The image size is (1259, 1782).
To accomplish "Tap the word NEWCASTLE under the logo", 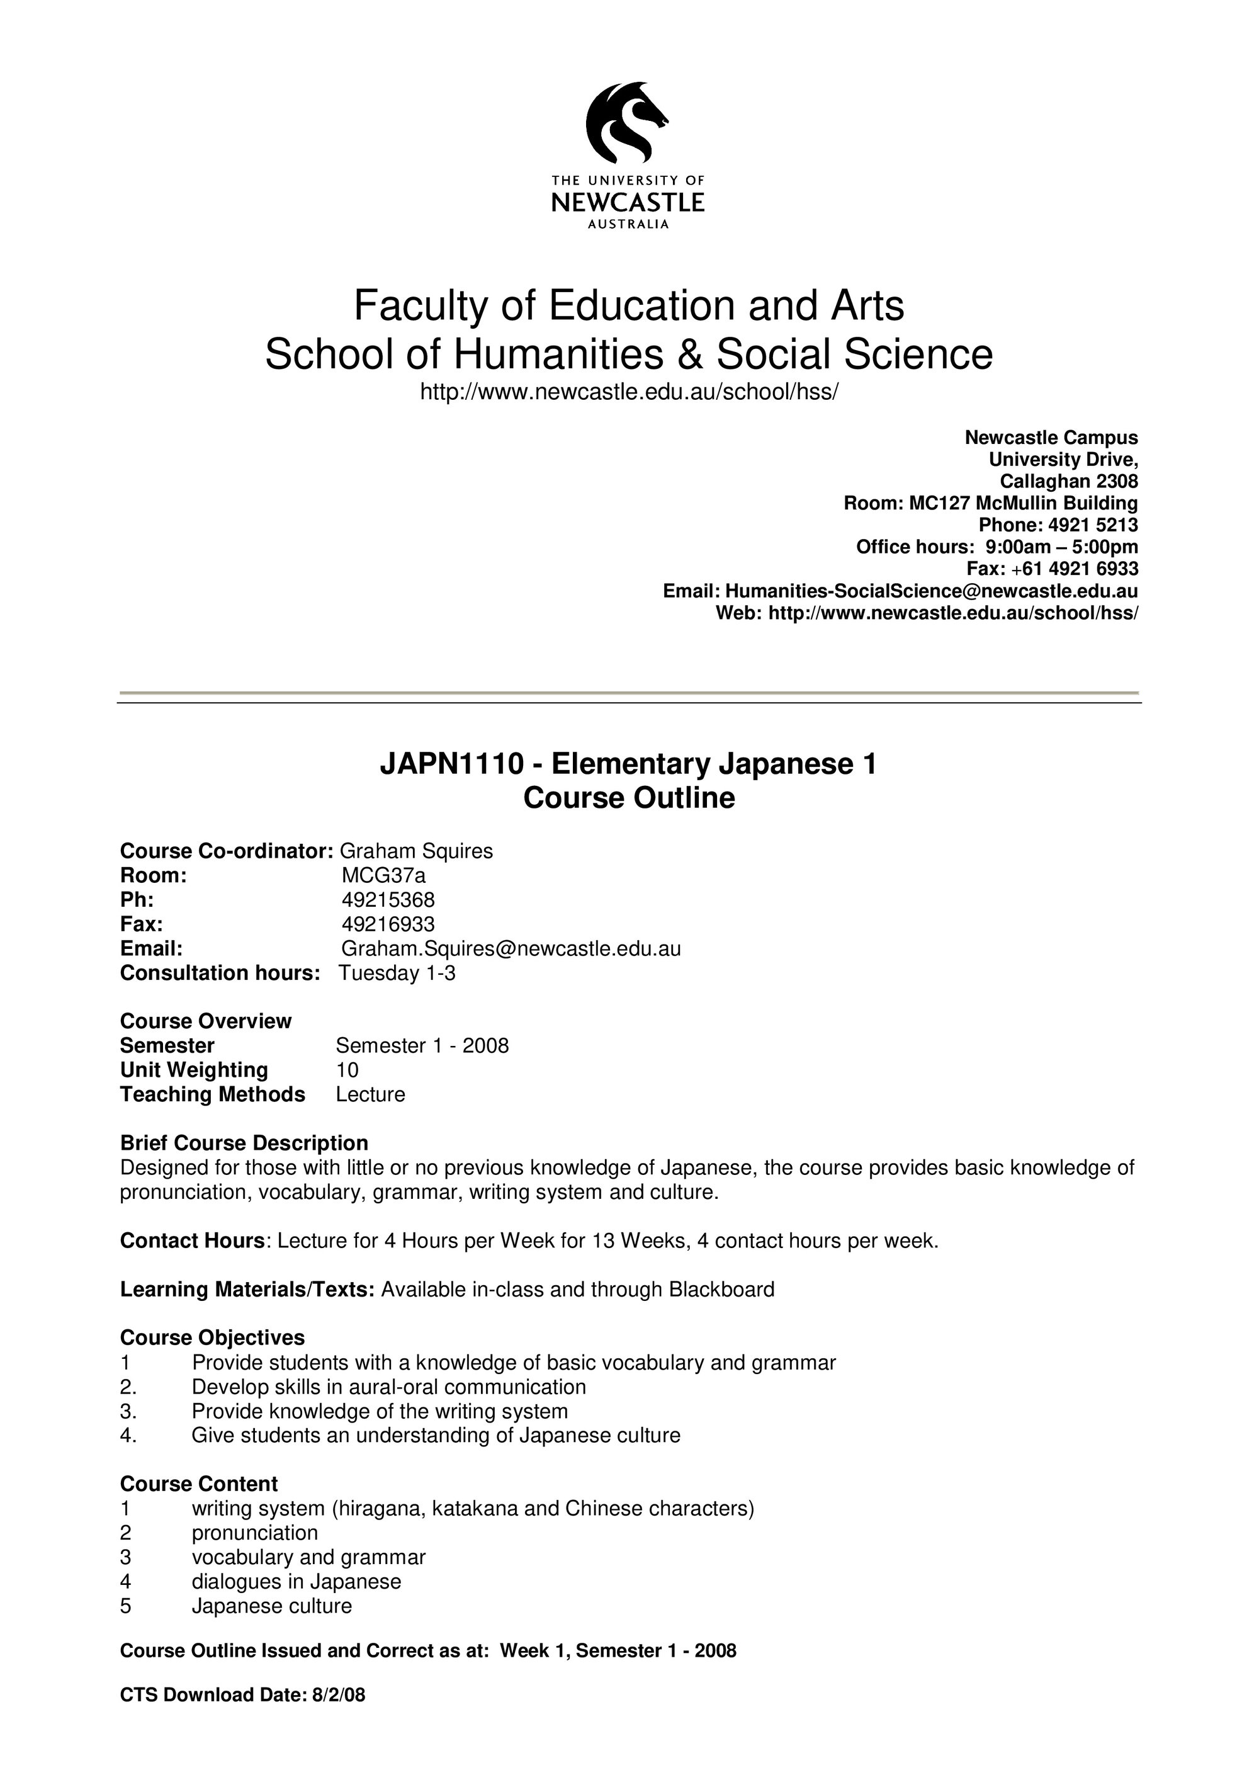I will coord(628,203).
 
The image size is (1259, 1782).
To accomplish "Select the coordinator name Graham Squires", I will coord(417,851).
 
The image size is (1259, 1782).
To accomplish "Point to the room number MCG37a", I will coord(384,875).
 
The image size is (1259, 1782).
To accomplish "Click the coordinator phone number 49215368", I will coord(388,900).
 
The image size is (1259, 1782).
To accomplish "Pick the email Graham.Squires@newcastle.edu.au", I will coord(511,948).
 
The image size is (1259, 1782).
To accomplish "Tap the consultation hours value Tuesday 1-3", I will coord(397,973).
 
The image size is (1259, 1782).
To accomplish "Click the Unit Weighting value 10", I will coord(347,1070).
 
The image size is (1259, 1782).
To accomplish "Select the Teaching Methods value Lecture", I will coord(370,1094).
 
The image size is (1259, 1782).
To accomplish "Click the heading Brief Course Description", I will coord(244,1144).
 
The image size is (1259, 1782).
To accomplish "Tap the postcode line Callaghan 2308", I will coord(1068,481).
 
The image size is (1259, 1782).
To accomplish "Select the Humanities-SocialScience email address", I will coord(931,591).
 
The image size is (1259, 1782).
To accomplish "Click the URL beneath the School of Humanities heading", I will coord(629,392).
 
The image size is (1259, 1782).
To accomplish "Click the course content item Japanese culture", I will coord(271,1606).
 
